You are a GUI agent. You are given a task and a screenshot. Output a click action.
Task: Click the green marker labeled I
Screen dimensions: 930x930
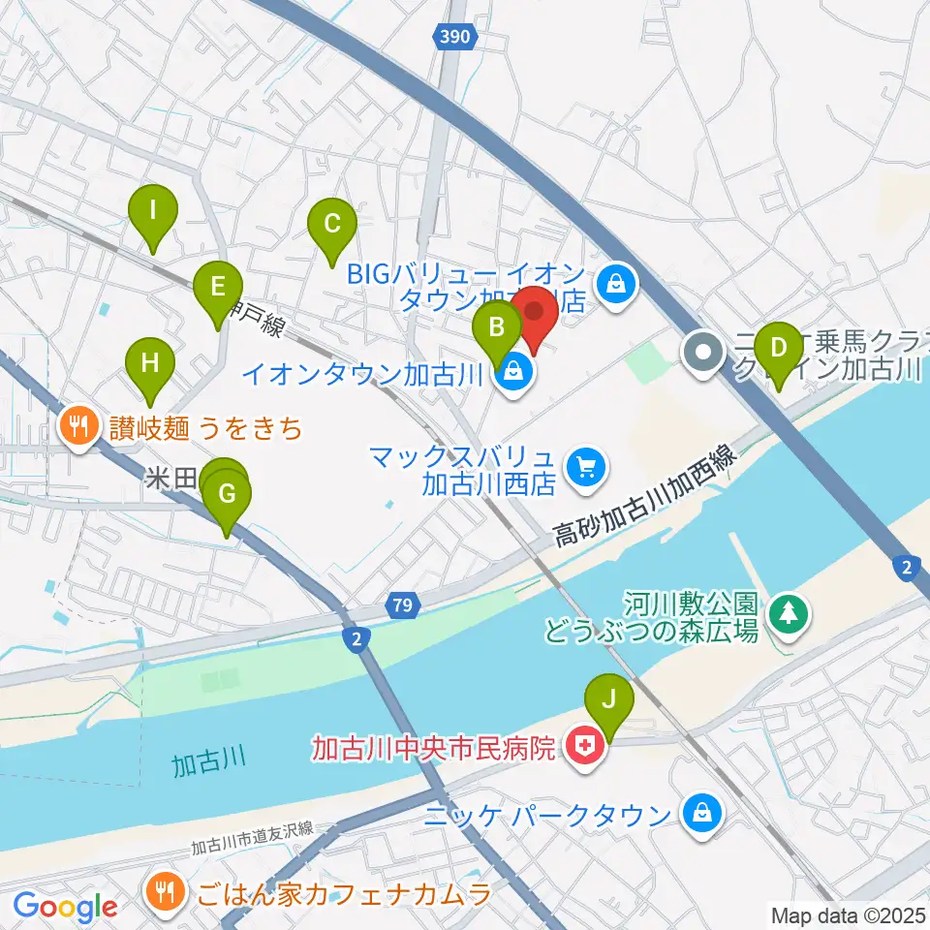tap(153, 208)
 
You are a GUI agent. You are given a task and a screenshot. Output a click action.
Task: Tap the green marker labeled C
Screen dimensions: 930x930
tap(331, 226)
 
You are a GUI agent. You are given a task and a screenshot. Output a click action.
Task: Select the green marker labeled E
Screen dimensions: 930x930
tap(217, 287)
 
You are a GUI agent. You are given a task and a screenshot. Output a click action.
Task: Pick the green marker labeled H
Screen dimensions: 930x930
tap(150, 364)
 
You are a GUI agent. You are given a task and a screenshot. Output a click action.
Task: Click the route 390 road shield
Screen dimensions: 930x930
tap(454, 36)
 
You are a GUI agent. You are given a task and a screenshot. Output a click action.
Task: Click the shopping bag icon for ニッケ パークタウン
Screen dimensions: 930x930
tap(700, 814)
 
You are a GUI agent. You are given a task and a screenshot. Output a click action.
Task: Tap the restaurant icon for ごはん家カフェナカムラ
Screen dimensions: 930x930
tap(162, 892)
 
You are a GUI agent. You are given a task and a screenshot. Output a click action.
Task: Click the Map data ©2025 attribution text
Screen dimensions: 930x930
tap(848, 914)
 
